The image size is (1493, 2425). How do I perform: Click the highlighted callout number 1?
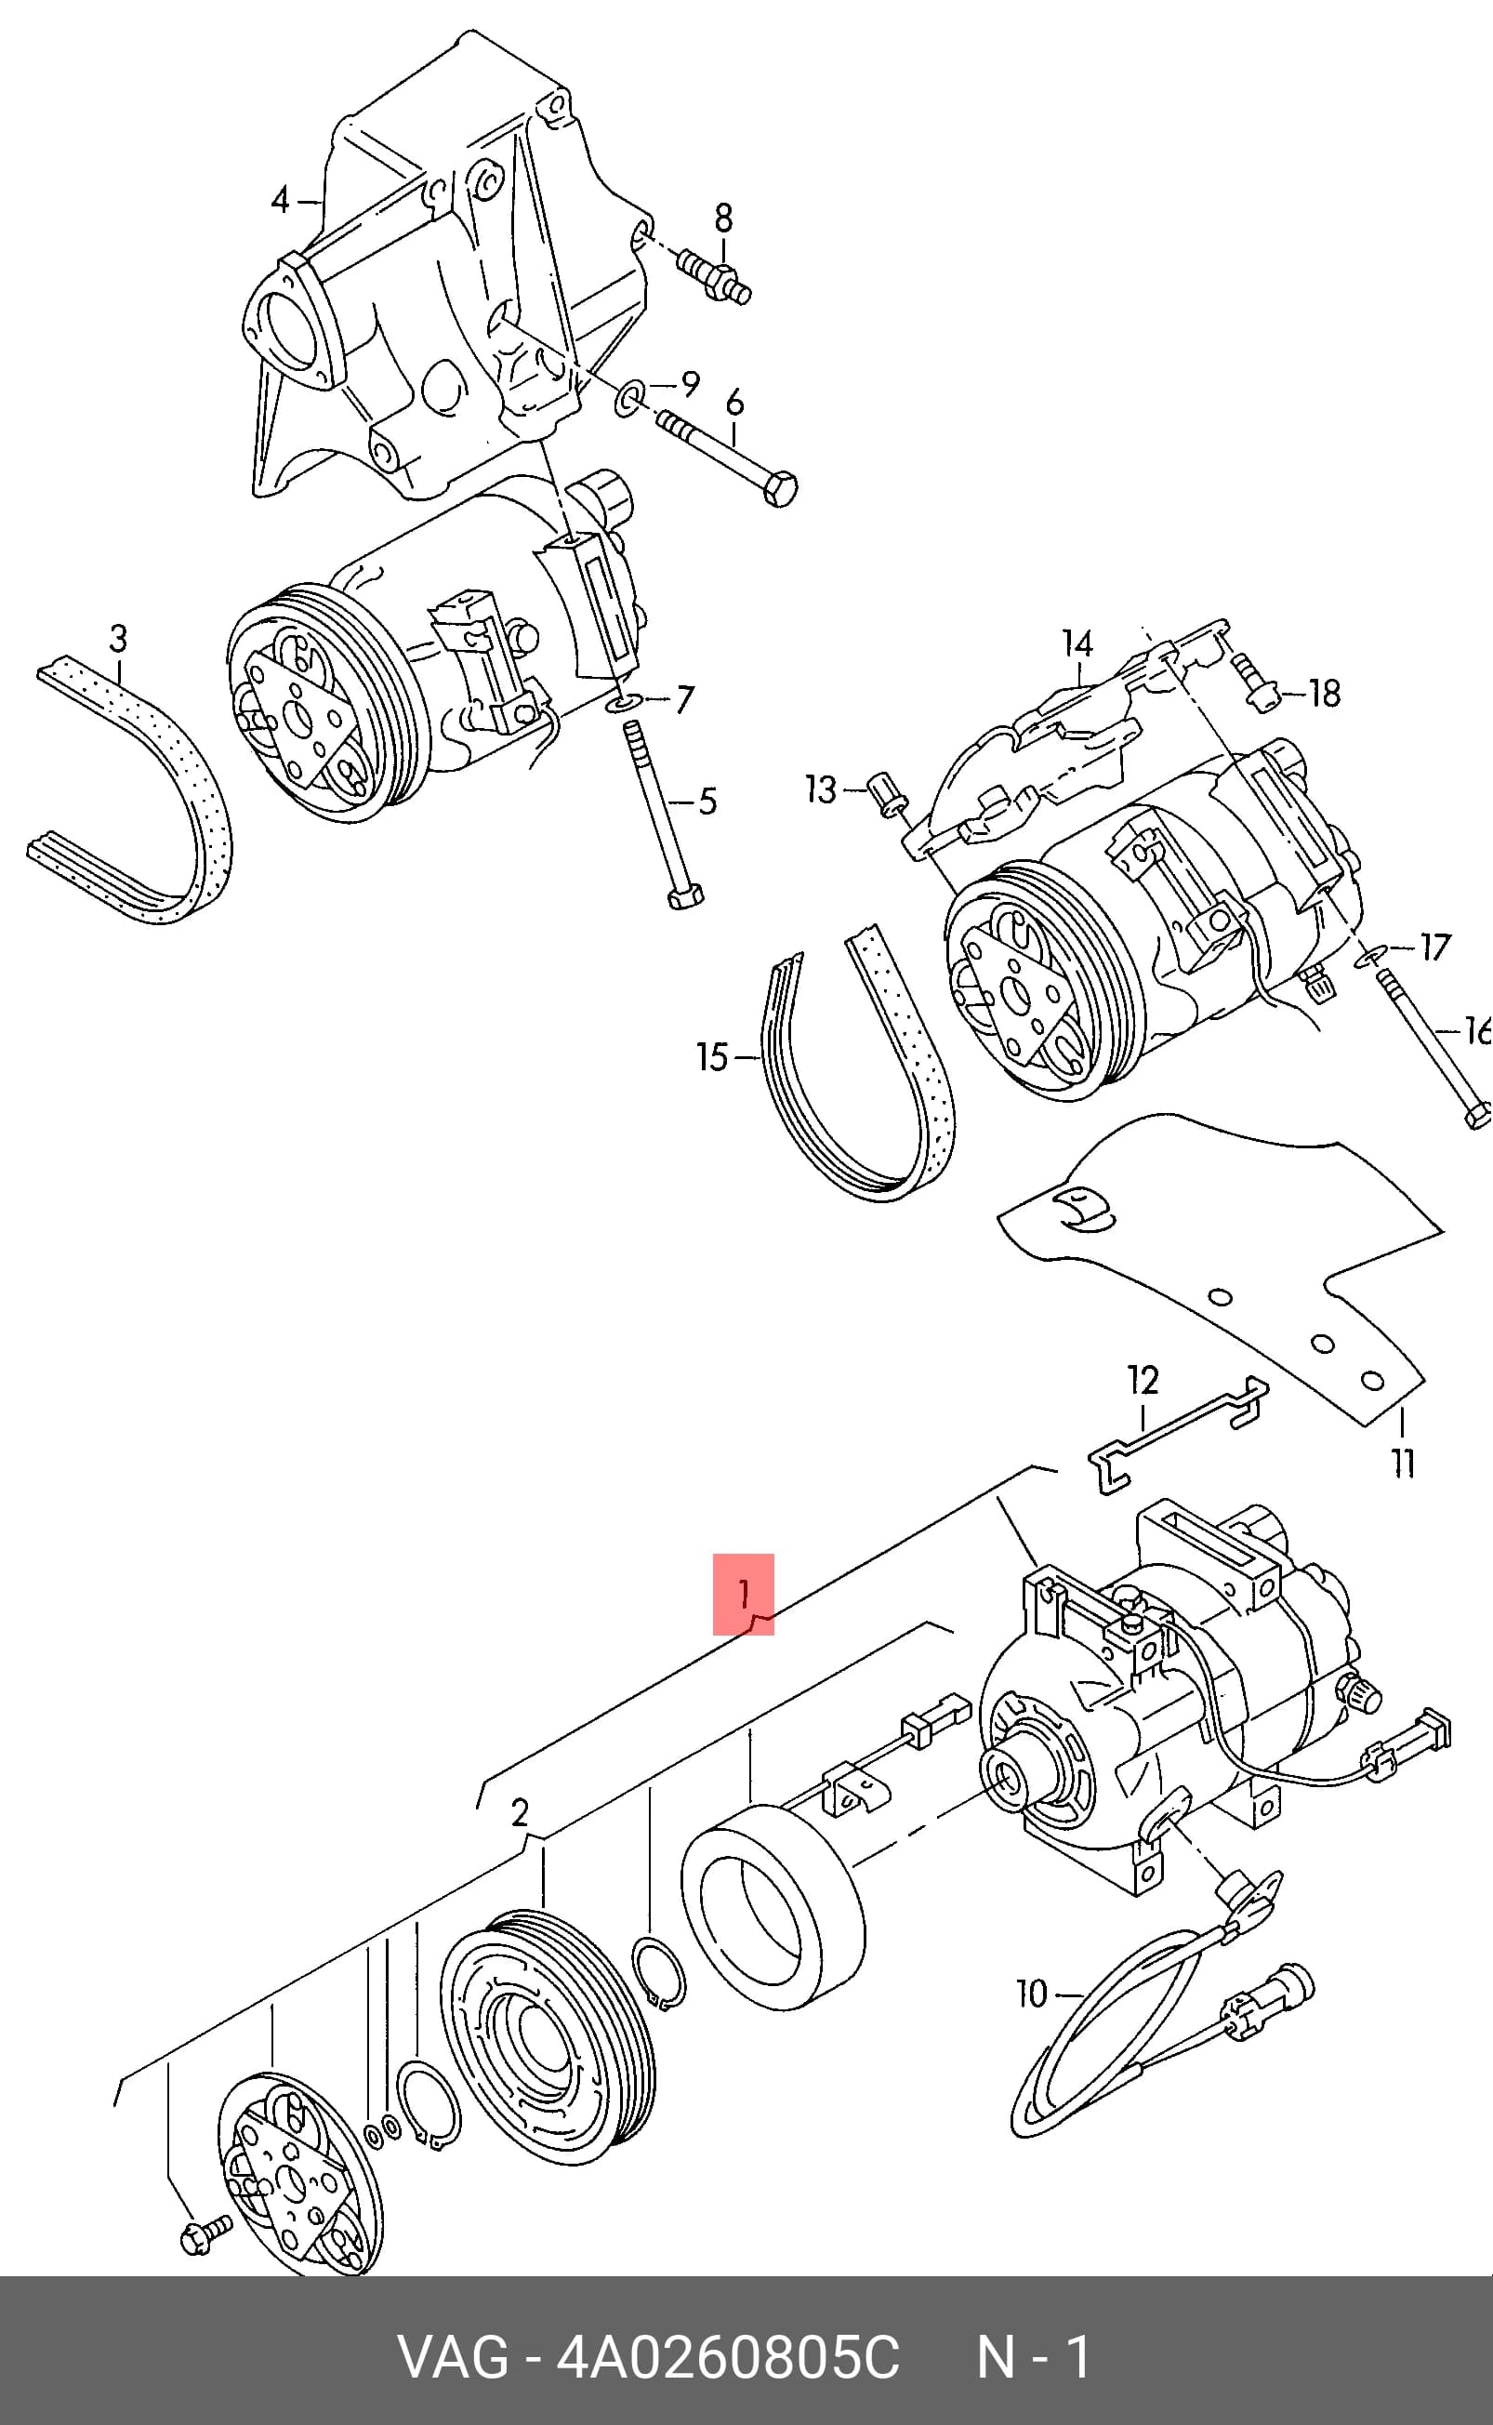pyautogui.click(x=744, y=1593)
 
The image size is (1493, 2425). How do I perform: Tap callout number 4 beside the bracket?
pyautogui.click(x=282, y=201)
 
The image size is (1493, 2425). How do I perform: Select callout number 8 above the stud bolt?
pyautogui.click(x=724, y=219)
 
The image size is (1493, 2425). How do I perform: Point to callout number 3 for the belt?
pyautogui.click(x=118, y=638)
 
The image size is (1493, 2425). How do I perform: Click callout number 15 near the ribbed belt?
pyautogui.click(x=712, y=1057)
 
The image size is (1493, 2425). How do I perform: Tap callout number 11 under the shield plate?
pyautogui.click(x=1403, y=1463)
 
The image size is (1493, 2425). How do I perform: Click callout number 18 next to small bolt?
pyautogui.click(x=1325, y=693)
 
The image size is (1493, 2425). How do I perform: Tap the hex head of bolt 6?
pyautogui.click(x=781, y=489)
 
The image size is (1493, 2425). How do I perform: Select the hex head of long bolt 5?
pyautogui.click(x=684, y=896)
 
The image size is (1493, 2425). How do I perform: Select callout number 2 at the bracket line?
pyautogui.click(x=521, y=1812)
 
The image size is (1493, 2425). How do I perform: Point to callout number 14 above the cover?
pyautogui.click(x=1077, y=643)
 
